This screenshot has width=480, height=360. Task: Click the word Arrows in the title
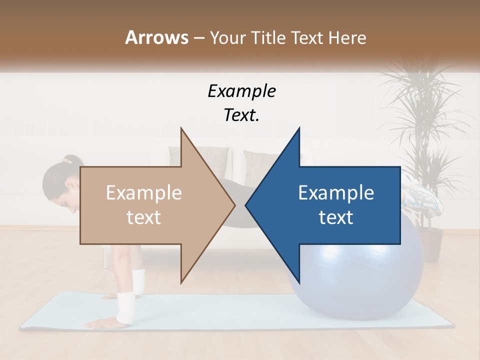pos(156,37)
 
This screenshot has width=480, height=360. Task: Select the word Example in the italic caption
pos(241,91)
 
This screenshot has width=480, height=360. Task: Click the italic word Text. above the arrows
pos(241,115)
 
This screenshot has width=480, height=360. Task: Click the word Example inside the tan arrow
pos(144,193)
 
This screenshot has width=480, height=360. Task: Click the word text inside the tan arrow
pos(144,217)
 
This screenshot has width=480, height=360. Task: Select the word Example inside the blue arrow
pos(336,193)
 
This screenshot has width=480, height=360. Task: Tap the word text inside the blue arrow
pos(336,217)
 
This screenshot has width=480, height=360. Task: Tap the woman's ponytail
pos(71,160)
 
